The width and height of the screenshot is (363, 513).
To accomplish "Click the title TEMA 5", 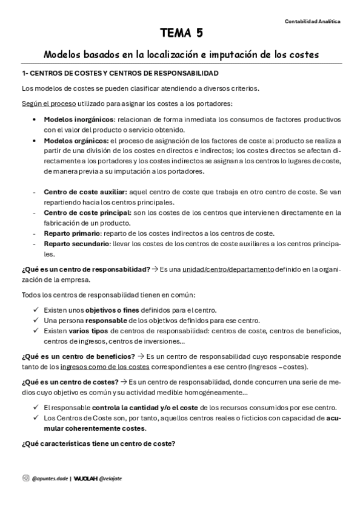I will coord(182,34).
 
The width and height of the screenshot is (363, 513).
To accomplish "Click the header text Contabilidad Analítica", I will coord(312,21).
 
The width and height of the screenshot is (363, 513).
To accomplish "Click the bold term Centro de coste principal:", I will coord(87,212).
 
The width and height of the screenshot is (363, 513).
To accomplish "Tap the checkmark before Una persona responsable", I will coord(36,320).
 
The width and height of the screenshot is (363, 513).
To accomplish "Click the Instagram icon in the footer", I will coord(25,478).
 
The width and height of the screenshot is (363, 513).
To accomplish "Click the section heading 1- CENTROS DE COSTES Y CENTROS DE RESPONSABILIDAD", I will coord(120,73).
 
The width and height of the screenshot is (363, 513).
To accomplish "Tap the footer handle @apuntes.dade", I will coord(50,478).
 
